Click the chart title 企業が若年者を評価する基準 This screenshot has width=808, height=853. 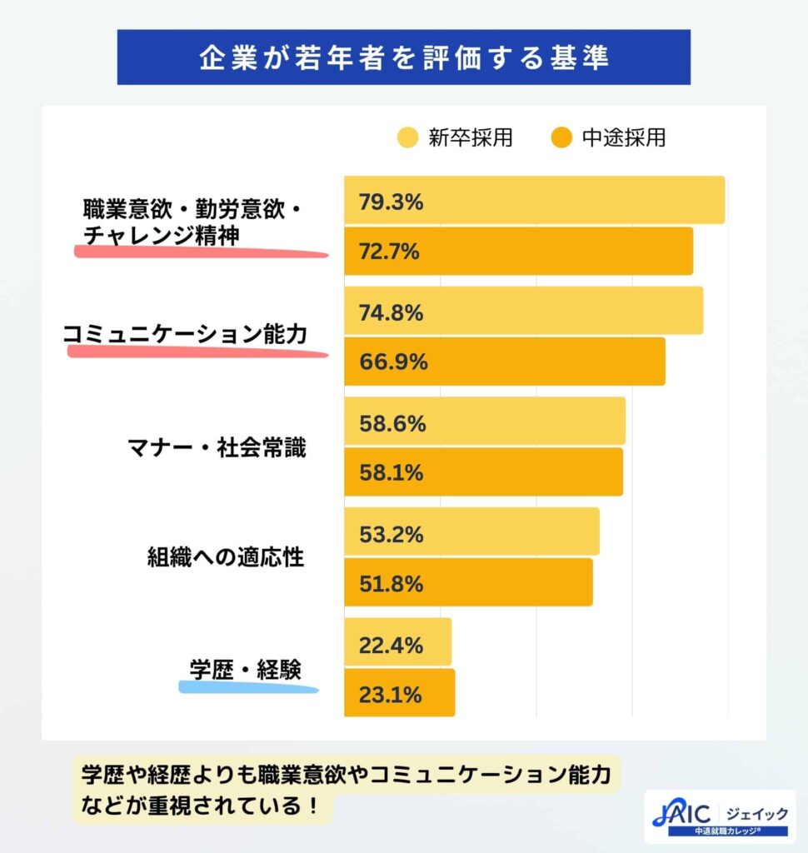pos(404,57)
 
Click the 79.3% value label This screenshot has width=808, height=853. pos(392,202)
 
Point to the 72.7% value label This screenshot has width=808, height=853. pos(391,251)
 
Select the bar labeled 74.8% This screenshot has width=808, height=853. pos(523,312)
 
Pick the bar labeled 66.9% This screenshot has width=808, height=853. pos(504,362)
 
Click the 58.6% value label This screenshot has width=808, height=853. pos(392,423)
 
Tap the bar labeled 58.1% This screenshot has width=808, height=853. pos(483,472)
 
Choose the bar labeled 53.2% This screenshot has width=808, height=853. pos(471,531)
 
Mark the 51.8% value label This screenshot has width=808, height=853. pos(392,582)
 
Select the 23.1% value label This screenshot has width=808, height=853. pos(391,694)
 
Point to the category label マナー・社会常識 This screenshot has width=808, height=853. pos(216,448)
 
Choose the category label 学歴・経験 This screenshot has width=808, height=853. pos(244,668)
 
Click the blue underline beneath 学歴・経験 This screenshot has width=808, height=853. pos(248,688)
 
